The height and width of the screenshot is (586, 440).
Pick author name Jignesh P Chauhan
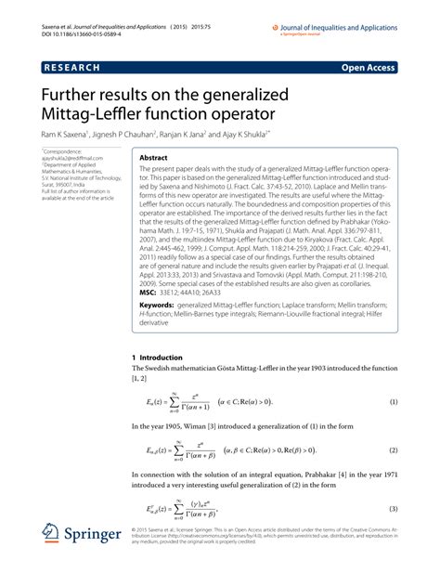pyautogui.click(x=157, y=135)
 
